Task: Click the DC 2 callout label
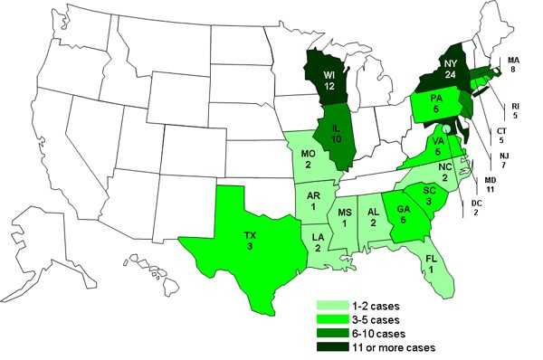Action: click(477, 207)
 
